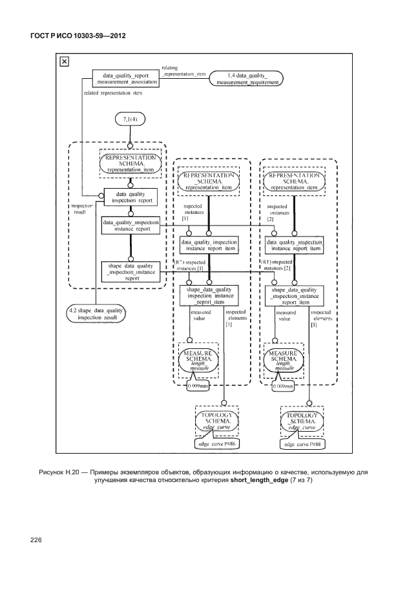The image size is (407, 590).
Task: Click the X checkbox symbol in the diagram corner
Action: point(64,62)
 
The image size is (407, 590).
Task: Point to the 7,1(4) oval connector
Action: point(130,120)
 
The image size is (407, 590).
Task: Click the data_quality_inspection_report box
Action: point(130,196)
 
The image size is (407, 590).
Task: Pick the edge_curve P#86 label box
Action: point(217,444)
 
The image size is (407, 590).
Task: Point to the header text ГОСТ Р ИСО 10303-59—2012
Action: point(78,36)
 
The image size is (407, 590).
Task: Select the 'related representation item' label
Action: point(113,93)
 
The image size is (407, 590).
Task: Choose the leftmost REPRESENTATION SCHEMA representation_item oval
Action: point(130,162)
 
